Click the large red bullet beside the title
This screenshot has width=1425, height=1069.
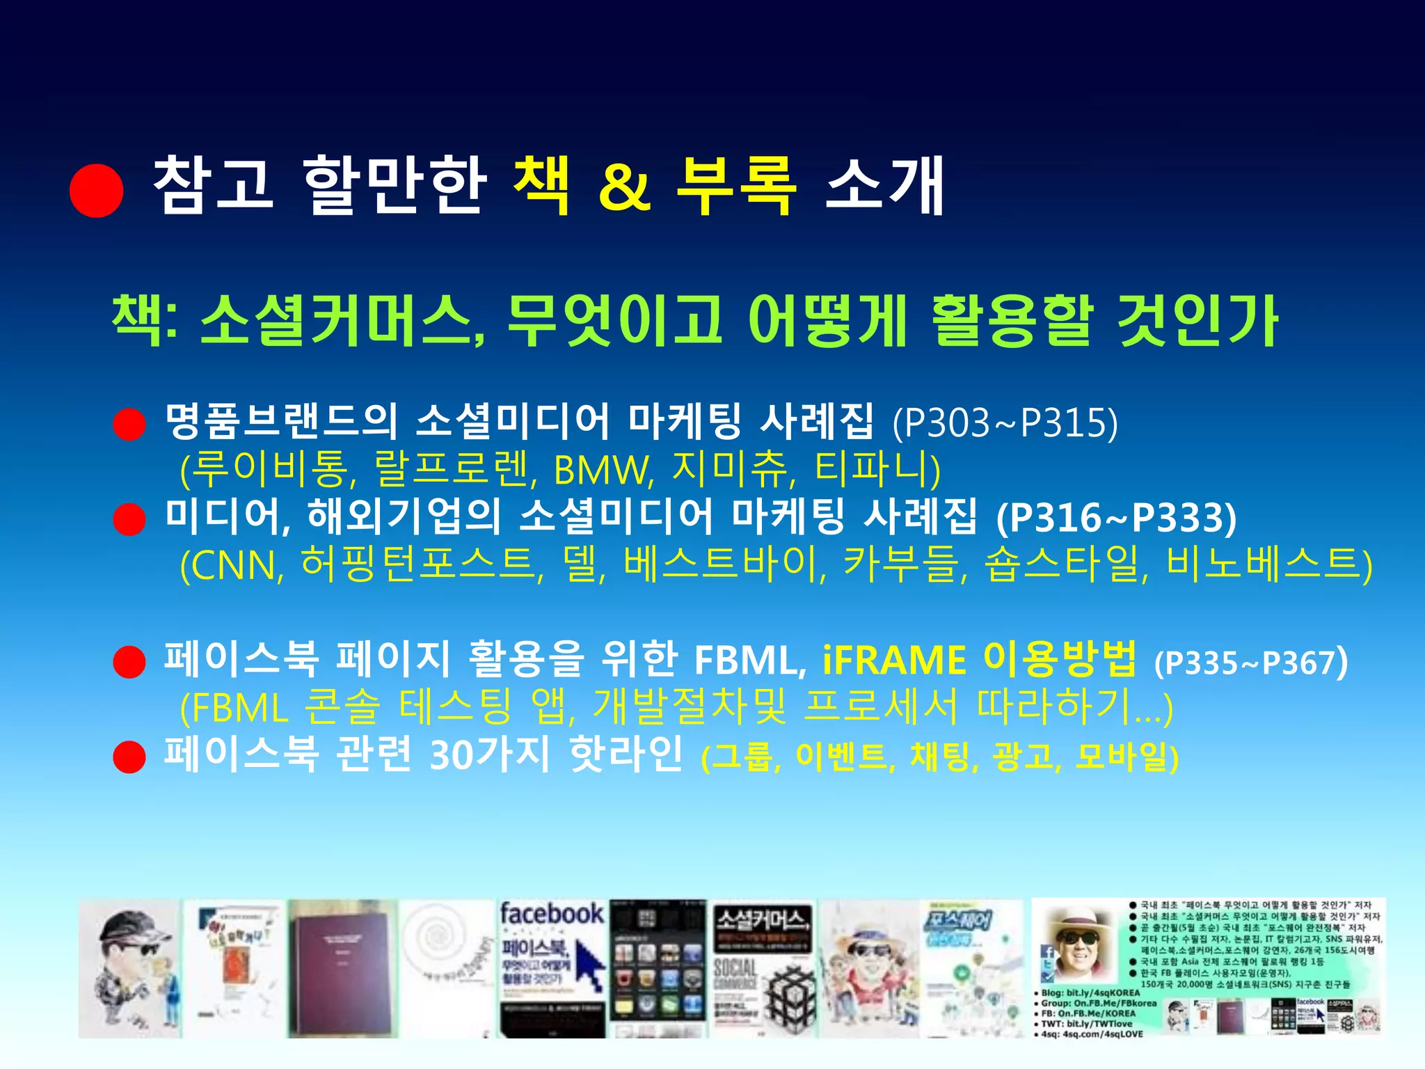click(x=97, y=191)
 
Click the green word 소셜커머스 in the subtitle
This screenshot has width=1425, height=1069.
click(x=341, y=320)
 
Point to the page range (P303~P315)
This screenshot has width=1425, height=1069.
click(x=1005, y=422)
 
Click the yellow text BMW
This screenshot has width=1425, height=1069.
click(x=603, y=471)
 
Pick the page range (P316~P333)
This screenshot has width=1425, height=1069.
click(x=1116, y=518)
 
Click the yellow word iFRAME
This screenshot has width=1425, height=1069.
click(x=893, y=660)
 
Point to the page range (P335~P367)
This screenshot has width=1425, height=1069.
click(x=1250, y=663)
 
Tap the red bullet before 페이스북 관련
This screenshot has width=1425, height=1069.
click(x=129, y=757)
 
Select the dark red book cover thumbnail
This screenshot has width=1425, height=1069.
click(x=342, y=968)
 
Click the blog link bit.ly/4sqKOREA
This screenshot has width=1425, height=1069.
click(x=1102, y=992)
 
